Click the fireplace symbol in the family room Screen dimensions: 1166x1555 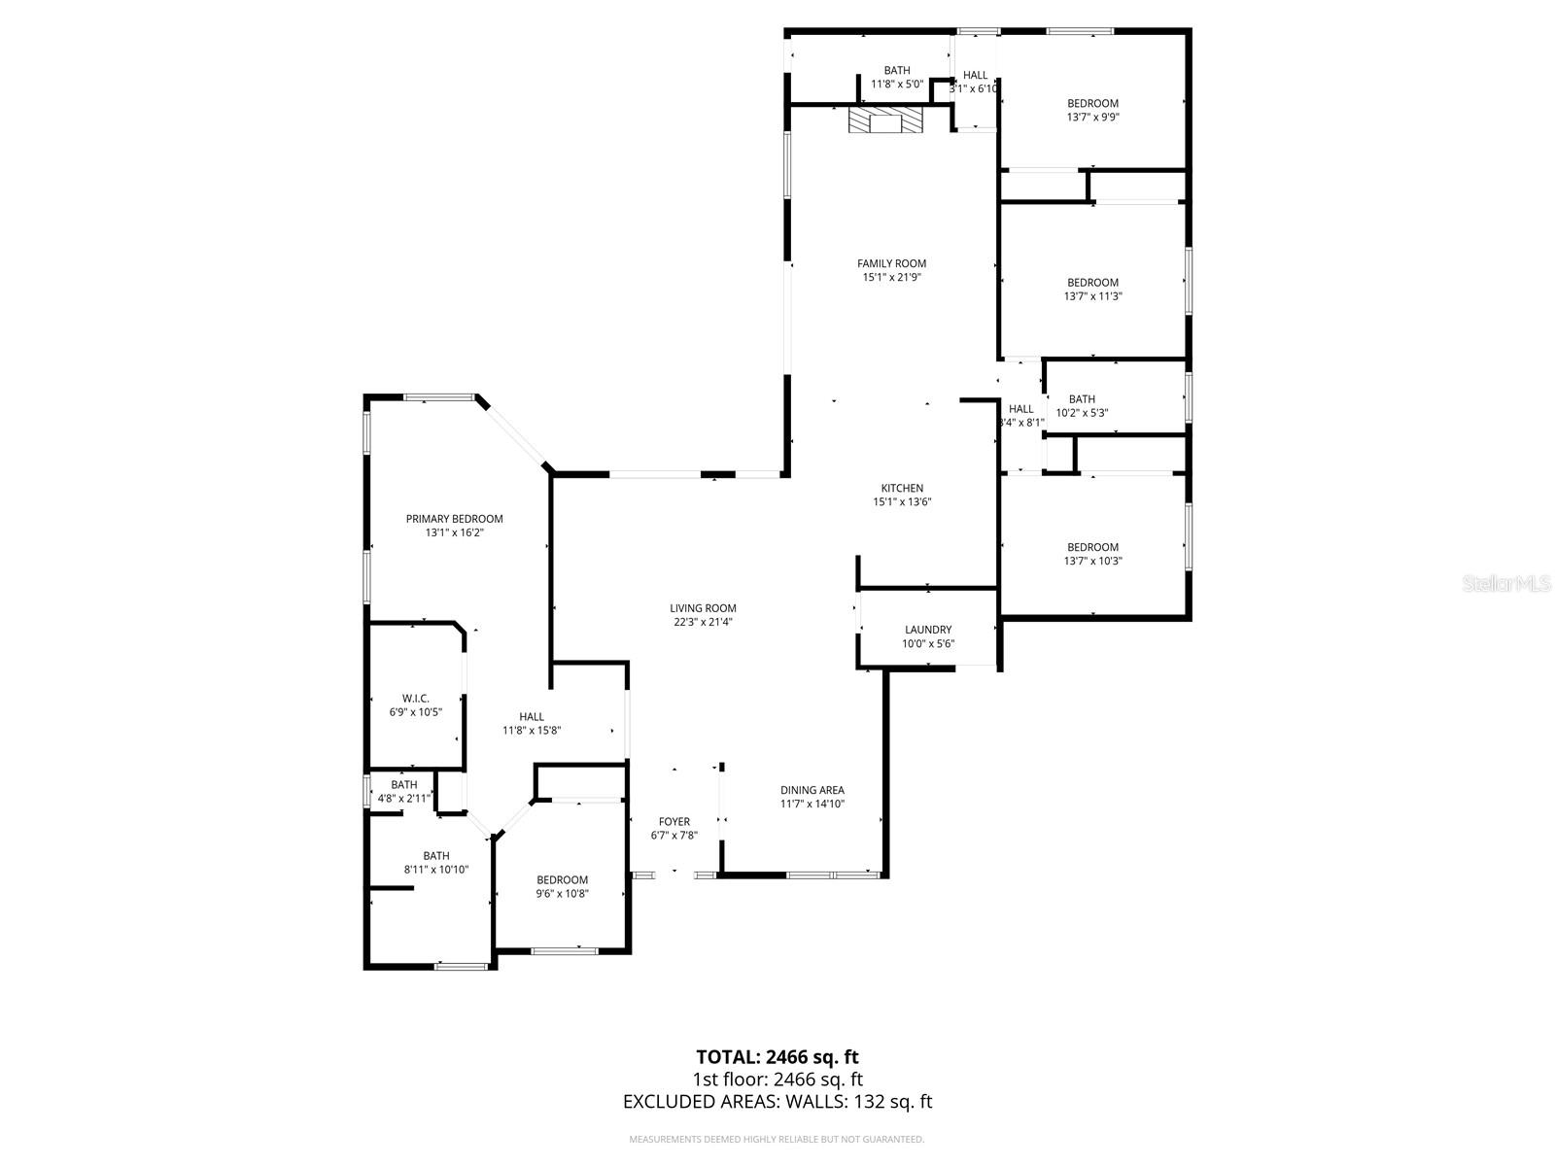(884, 120)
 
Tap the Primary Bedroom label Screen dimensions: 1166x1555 (454, 519)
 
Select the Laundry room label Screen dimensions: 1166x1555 (927, 630)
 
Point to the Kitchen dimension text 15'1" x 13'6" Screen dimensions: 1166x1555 (902, 502)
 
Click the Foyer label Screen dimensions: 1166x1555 (674, 822)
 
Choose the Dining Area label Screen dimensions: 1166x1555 (812, 790)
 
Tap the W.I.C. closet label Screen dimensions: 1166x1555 (415, 699)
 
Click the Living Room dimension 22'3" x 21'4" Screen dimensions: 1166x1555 (703, 622)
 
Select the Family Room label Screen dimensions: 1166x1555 (891, 263)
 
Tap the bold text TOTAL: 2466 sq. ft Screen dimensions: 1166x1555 (777, 1056)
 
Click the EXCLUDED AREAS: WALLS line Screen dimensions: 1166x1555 (777, 1102)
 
